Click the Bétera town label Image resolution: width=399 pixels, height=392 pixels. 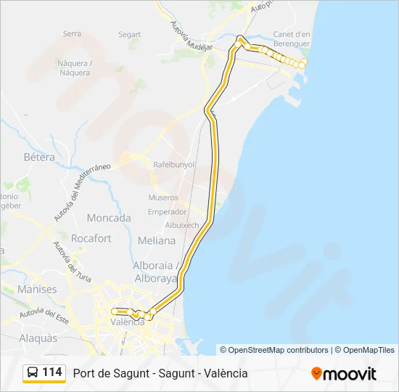pyautogui.click(x=39, y=157)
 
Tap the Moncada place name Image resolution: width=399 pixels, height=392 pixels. pyautogui.click(x=109, y=218)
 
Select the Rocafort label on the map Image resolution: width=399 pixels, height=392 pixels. pyautogui.click(x=91, y=238)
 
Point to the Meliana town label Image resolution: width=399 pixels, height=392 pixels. pyautogui.click(x=157, y=240)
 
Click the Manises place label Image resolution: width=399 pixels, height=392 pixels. pyautogui.click(x=38, y=289)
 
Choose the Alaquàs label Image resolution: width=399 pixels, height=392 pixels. pyautogui.click(x=38, y=338)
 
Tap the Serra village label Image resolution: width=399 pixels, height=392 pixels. pyautogui.click(x=72, y=33)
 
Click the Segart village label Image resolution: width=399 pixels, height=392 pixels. pyautogui.click(x=130, y=34)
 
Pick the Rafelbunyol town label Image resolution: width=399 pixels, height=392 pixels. pyautogui.click(x=174, y=165)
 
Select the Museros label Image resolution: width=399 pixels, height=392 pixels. pyautogui.click(x=163, y=197)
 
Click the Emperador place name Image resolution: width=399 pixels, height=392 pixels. pyautogui.click(x=167, y=212)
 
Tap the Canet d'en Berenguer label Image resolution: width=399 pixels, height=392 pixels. pyautogui.click(x=292, y=38)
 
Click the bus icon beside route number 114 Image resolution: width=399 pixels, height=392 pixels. pyautogui.click(x=33, y=373)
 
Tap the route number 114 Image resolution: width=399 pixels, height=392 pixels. pyautogui.click(x=52, y=372)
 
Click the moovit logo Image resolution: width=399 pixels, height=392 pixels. pyautogui.click(x=344, y=373)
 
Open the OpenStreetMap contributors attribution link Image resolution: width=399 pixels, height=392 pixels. pyautogui.click(x=279, y=350)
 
